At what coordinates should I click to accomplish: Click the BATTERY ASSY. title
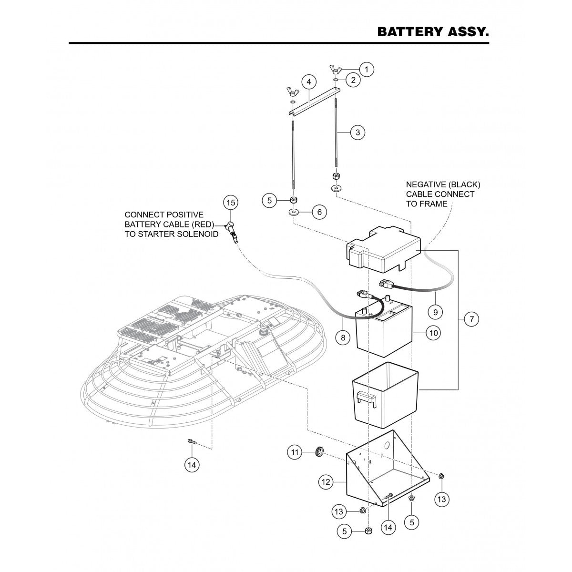(x=433, y=32)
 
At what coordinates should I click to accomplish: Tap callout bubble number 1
(x=366, y=69)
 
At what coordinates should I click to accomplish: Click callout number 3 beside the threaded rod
(x=358, y=133)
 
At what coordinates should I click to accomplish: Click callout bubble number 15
(x=231, y=203)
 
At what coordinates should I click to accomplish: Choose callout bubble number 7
(x=471, y=319)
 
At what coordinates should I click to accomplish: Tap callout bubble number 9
(x=435, y=312)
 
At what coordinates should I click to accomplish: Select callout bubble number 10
(x=433, y=333)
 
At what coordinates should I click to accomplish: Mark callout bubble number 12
(x=327, y=482)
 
